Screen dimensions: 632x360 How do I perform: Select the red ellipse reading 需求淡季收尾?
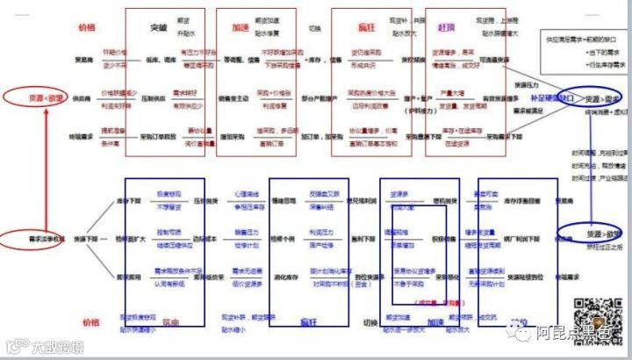tap(32, 238)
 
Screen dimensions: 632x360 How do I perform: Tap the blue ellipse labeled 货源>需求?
tap(600, 99)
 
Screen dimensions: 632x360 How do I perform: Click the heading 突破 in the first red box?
tap(159, 27)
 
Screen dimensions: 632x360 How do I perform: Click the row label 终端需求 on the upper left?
tap(84, 137)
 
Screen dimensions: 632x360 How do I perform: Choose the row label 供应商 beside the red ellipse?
tap(84, 98)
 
